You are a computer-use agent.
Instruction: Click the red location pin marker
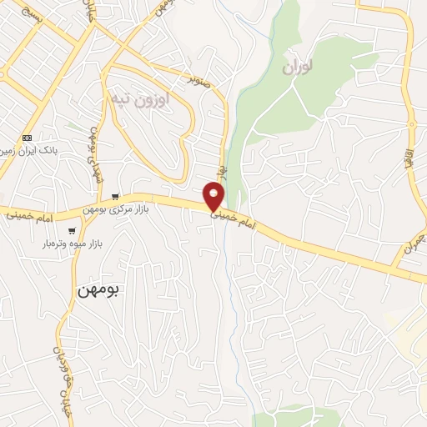tap(214, 196)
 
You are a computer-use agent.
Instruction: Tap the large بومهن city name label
tap(99, 290)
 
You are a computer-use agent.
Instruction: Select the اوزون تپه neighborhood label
tap(140, 99)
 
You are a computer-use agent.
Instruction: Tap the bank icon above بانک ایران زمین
tap(28, 138)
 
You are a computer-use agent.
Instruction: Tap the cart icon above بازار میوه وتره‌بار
tap(73, 231)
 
